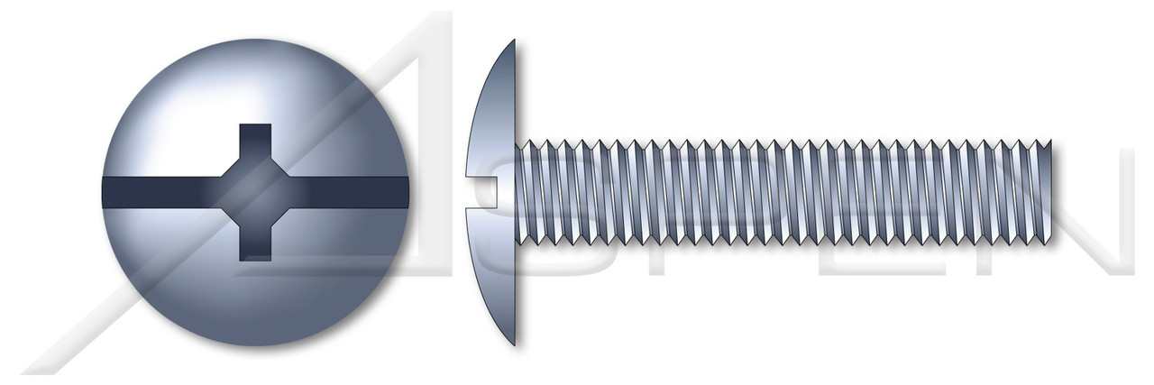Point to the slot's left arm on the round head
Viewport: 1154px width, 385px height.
(153, 192)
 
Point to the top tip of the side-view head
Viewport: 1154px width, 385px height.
(514, 42)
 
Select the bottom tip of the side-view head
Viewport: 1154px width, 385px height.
(514, 343)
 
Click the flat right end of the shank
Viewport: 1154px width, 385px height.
(1049, 192)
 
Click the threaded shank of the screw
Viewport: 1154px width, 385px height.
(784, 192)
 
